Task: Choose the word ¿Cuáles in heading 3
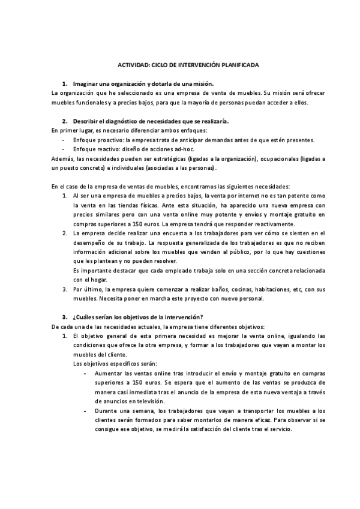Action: pyautogui.click(x=83, y=317)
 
